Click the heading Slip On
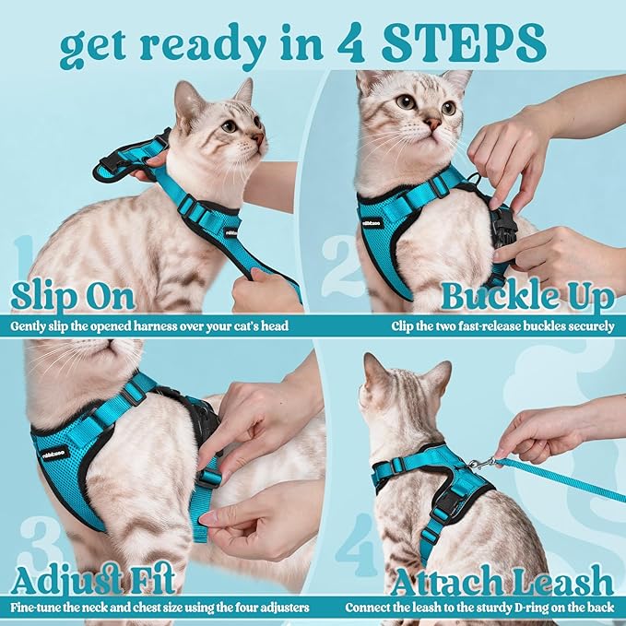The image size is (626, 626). [x=74, y=297]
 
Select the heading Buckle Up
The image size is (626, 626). [x=526, y=297]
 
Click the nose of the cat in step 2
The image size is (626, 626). [x=431, y=122]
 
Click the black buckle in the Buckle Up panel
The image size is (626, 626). [x=502, y=224]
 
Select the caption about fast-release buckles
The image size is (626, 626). [x=502, y=325]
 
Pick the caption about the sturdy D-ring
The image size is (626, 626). [x=479, y=608]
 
